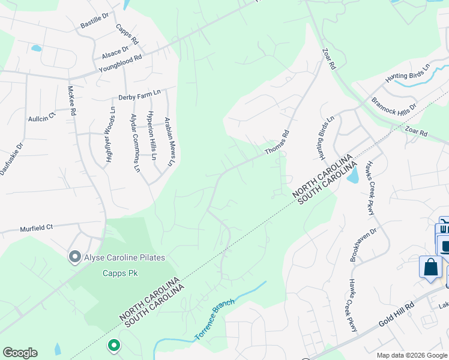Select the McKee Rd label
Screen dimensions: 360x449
pyautogui.click(x=71, y=100)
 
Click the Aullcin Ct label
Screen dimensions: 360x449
pyautogui.click(x=41, y=116)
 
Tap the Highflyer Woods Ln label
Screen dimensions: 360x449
pyautogui.click(x=110, y=137)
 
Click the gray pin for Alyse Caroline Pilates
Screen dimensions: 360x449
pyautogui.click(x=75, y=257)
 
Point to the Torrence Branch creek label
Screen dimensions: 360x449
pyautogui.click(x=214, y=320)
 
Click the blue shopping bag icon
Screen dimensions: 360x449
pyautogui.click(x=431, y=267)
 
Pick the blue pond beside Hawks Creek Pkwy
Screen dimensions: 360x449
pyautogui.click(x=353, y=175)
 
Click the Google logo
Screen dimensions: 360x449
pyautogui.click(x=20, y=353)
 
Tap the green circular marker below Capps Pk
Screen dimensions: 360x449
pyautogui.click(x=113, y=345)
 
